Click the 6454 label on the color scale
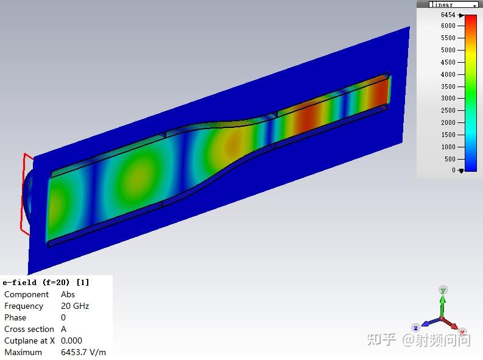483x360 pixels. click(x=448, y=15)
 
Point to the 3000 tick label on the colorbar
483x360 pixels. click(x=448, y=98)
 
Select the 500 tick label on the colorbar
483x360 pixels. click(x=450, y=159)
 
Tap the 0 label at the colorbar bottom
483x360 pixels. click(x=453, y=170)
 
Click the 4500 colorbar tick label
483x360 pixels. click(x=448, y=62)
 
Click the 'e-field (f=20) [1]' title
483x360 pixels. click(x=46, y=283)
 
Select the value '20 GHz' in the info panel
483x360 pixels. click(x=75, y=306)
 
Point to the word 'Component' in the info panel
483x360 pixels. click(x=26, y=295)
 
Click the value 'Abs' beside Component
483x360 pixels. click(x=68, y=294)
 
